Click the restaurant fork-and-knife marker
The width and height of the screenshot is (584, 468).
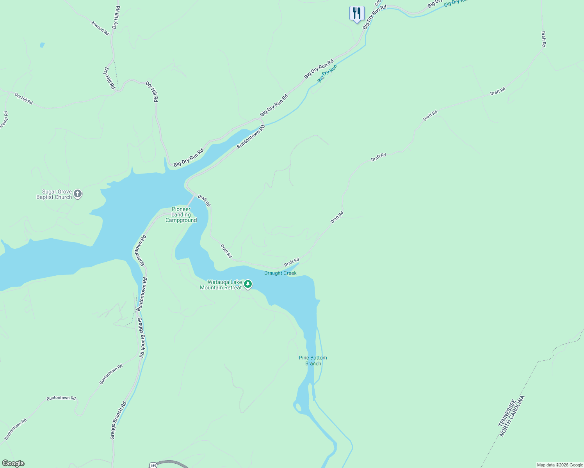tap(356, 14)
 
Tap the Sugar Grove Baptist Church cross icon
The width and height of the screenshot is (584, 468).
tap(78, 194)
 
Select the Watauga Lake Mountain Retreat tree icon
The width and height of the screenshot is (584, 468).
tap(248, 284)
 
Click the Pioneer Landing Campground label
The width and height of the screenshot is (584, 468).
tap(181, 215)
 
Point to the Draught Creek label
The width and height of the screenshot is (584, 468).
tap(280, 273)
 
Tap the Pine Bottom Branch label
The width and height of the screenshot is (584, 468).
tap(313, 361)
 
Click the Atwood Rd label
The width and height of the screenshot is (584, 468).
tap(100, 28)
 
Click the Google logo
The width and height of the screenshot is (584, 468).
tap(13, 463)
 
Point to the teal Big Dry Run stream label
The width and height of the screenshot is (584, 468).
tap(327, 73)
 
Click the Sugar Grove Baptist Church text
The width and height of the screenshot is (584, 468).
tap(54, 195)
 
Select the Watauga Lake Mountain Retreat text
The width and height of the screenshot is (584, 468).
tap(221, 285)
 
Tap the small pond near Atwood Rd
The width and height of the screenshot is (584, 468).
tap(42, 45)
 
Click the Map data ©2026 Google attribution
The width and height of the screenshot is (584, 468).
tap(560, 465)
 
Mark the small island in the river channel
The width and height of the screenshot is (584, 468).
tap(299, 408)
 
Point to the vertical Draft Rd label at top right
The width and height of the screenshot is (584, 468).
tap(543, 39)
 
